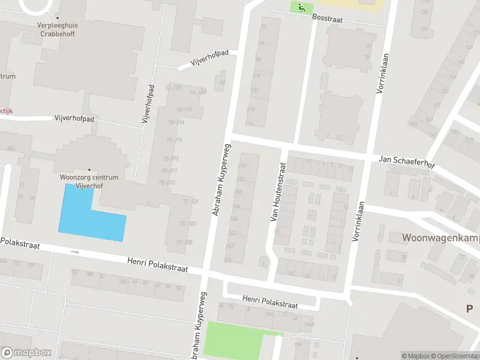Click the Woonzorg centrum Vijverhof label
(89, 182)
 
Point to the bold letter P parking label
(470, 308)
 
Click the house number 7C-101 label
(190, 202)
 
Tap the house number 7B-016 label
(176, 122)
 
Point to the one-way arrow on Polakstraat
(75, 252)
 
